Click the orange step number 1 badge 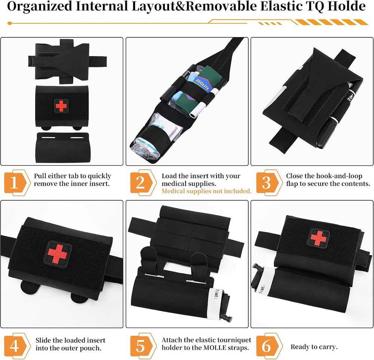pyautogui.click(x=17, y=183)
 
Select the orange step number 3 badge pyautogui.click(x=269, y=183)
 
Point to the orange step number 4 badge pyautogui.click(x=17, y=346)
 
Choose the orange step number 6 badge pyautogui.click(x=269, y=346)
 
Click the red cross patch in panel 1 pyautogui.click(x=61, y=106)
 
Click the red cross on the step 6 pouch pyautogui.click(x=318, y=238)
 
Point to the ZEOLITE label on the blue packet pyautogui.click(x=202, y=84)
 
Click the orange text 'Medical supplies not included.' pyautogui.click(x=206, y=191)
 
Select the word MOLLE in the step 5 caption pyautogui.click(x=214, y=348)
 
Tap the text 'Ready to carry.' pyautogui.click(x=314, y=347)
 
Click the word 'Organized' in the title pyautogui.click(x=40, y=6)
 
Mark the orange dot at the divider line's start pyautogui.click(x=10, y=23)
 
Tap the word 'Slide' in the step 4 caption pyautogui.click(x=44, y=340)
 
